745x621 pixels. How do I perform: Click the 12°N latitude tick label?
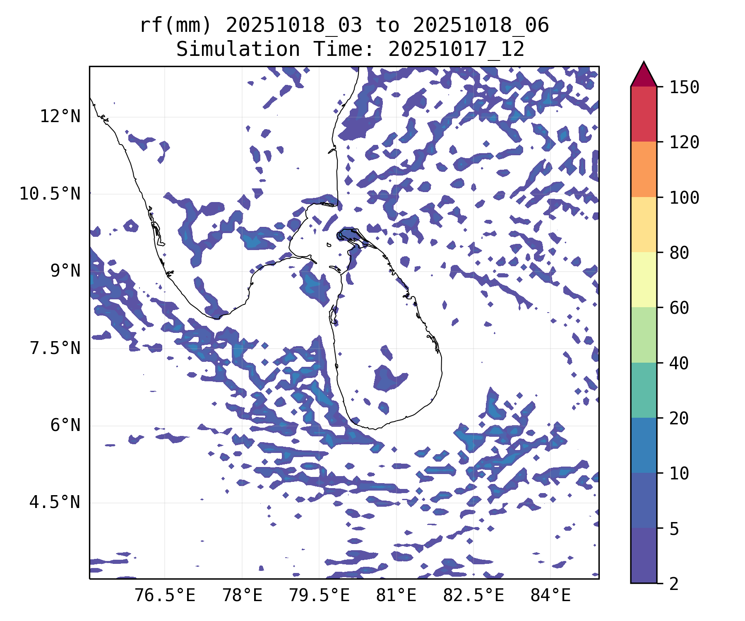pyautogui.click(x=60, y=117)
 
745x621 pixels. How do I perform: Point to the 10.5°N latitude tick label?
pyautogui.click(x=50, y=194)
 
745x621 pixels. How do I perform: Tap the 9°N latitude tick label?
pyautogui.click(x=65, y=271)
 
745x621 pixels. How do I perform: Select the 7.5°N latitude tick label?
pyautogui.click(x=55, y=349)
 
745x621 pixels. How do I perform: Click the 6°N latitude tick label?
pyautogui.click(x=65, y=426)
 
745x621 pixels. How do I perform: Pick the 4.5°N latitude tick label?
pyautogui.click(x=55, y=503)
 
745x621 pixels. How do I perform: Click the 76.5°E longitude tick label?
pyautogui.click(x=165, y=596)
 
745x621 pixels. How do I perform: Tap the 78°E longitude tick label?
pyautogui.click(x=242, y=596)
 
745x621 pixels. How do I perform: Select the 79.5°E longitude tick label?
pyautogui.click(x=319, y=596)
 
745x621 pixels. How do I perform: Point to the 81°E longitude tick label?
pyautogui.click(x=396, y=596)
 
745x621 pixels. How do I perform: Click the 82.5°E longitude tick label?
pyautogui.click(x=473, y=596)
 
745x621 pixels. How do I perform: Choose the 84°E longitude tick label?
pyautogui.click(x=550, y=596)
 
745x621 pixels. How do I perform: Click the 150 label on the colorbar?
pyautogui.click(x=684, y=87)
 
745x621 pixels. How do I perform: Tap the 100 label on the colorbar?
pyautogui.click(x=684, y=197)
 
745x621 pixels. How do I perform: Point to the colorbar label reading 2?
pyautogui.click(x=674, y=584)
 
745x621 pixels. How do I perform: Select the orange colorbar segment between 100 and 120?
pyautogui.click(x=644, y=169)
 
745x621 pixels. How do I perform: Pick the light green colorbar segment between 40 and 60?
pyautogui.click(x=644, y=335)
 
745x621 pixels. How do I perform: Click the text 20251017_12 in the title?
pyautogui.click(x=456, y=50)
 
